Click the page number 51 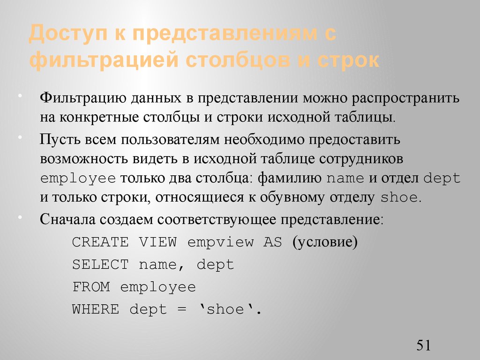(x=423, y=346)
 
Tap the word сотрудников (x=361, y=159)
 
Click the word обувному (x=306, y=197)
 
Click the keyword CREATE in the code (x=100, y=242)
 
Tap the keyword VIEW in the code (x=158, y=242)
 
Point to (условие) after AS (x=325, y=242)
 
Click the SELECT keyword (x=100, y=264)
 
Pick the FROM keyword (x=91, y=287)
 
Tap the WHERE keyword (x=96, y=309)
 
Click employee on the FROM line (x=158, y=287)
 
